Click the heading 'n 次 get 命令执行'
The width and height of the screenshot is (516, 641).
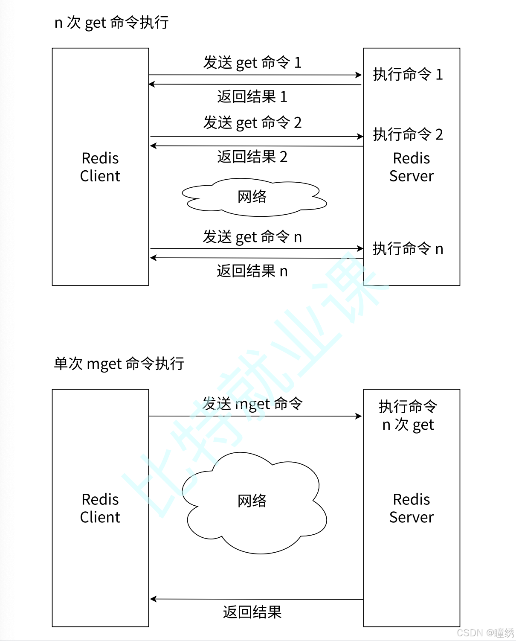click(111, 23)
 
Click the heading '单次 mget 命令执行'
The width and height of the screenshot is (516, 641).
click(119, 364)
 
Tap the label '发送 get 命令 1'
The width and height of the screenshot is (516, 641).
click(252, 63)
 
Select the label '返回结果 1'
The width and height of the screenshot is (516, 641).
click(252, 97)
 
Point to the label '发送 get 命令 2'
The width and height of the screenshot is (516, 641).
click(252, 123)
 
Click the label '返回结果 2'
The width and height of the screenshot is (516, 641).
click(252, 157)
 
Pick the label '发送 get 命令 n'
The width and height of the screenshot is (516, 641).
click(252, 237)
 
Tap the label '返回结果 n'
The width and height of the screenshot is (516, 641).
click(252, 271)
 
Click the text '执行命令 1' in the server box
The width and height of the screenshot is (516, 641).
click(408, 75)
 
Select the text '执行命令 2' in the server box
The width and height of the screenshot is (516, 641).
click(408, 135)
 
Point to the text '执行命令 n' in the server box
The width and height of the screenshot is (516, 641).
click(408, 249)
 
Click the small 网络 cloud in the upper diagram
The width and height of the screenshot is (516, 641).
click(252, 197)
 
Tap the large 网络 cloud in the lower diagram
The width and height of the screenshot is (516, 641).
click(252, 501)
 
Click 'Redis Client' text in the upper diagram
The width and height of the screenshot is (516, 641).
click(100, 167)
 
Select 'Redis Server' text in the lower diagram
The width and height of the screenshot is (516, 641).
click(411, 508)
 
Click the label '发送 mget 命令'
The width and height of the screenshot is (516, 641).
click(252, 404)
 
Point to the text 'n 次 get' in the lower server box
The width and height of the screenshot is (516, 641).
click(408, 425)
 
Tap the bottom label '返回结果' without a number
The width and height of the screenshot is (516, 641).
click(252, 612)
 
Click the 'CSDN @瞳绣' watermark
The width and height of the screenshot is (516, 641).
click(485, 632)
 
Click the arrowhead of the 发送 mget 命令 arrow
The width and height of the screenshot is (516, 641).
click(359, 416)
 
